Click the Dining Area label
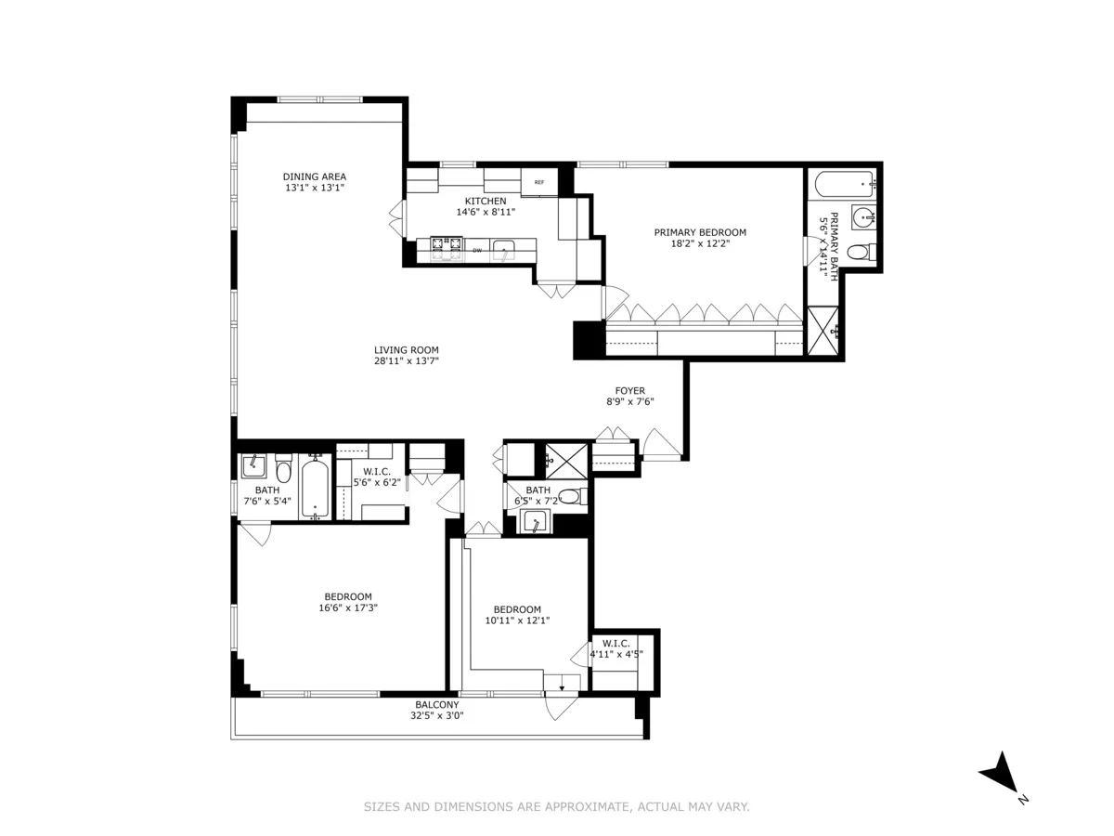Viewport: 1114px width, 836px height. [x=315, y=176]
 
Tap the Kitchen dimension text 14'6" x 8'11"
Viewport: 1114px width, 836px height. [x=485, y=212]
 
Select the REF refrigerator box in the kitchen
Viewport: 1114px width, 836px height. [x=538, y=183]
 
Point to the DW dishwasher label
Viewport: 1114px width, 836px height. [x=477, y=250]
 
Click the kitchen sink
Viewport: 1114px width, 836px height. [x=504, y=248]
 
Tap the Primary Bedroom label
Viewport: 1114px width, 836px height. [x=700, y=232]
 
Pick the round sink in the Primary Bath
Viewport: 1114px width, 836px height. [x=864, y=219]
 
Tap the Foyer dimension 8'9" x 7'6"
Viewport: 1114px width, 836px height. [x=629, y=402]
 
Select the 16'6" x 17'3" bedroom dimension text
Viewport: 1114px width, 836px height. [x=348, y=608]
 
